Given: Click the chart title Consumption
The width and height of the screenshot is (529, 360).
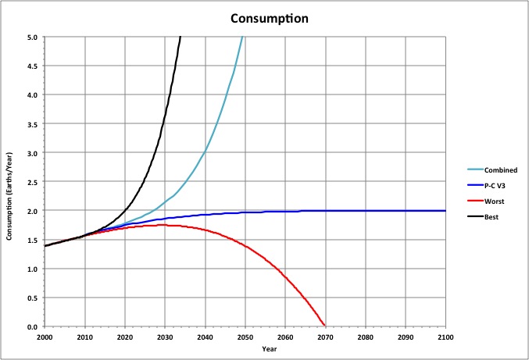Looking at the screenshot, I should coord(263,17).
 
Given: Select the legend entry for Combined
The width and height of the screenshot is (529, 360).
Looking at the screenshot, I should coord(489,169).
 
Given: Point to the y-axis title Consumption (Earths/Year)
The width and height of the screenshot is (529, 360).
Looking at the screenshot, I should coord(9,181).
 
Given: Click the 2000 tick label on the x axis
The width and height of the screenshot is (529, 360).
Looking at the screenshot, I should coord(45,337).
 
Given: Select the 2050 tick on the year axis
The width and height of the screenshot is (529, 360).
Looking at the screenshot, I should coord(245,337).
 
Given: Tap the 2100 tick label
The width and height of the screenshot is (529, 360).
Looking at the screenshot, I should coord(445,337).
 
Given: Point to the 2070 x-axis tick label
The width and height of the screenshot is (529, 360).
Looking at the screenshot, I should coord(325,337).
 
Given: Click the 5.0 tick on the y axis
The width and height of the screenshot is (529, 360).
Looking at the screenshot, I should coord(33,37).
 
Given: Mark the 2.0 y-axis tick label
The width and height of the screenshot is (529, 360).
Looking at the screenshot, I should coord(33,211).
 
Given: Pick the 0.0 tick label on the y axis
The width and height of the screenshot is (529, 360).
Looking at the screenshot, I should coord(33,326).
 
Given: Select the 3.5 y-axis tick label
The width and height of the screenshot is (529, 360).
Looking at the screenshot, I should coord(33,123).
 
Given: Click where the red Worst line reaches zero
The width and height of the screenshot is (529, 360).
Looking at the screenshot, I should coord(324,326).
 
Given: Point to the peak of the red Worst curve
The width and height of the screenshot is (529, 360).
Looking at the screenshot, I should coord(163,225).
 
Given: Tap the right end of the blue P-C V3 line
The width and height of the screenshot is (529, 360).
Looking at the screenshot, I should coord(445,211).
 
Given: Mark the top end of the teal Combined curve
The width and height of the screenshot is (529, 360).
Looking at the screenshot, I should coord(243,37).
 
